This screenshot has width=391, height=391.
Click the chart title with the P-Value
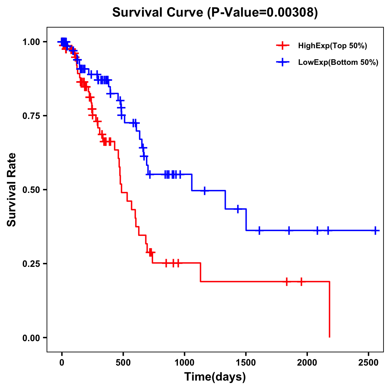(x=215, y=12)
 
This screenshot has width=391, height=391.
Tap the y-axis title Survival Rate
(x=12, y=189)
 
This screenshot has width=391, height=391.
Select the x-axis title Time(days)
(x=215, y=377)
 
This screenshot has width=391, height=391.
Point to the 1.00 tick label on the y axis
(x=31, y=42)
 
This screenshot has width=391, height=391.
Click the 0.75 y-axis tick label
(x=31, y=116)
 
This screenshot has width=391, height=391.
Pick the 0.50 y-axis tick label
(x=31, y=190)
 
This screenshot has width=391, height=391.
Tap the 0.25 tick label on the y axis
(x=31, y=264)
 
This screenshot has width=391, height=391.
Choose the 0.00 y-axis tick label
(x=31, y=338)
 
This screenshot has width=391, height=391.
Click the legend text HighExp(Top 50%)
(x=332, y=46)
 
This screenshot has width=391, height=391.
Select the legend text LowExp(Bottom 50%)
(x=338, y=63)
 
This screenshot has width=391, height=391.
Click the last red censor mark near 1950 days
(x=301, y=281)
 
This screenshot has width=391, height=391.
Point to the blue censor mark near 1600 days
(x=259, y=230)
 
